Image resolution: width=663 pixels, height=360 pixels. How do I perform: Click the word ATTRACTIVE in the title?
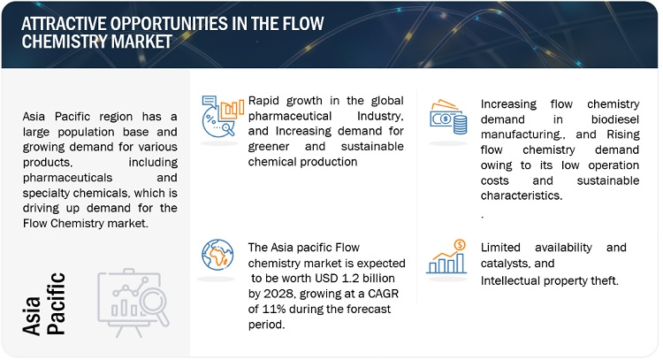pos(64,24)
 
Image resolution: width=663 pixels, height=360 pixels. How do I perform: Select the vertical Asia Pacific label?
pos(43,304)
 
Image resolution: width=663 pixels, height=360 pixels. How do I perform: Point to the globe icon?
pos(217,255)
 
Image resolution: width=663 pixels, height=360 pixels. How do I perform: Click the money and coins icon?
pos(448,117)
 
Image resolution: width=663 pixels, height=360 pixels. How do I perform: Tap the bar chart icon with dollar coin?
pos(446,257)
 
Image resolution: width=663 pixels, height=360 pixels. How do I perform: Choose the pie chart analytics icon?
pos(223,116)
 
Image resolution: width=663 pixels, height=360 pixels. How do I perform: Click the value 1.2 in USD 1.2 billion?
pos(350,279)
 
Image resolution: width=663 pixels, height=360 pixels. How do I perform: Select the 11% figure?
pos(274,310)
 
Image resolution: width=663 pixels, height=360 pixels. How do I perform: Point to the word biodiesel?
pos(614,119)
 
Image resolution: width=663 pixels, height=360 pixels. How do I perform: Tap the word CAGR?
pos(383,294)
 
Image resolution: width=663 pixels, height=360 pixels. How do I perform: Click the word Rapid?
pos(263,101)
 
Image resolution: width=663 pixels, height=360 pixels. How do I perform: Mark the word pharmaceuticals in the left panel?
pos(68,178)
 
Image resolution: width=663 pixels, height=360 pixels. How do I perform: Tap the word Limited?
pos(500,248)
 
